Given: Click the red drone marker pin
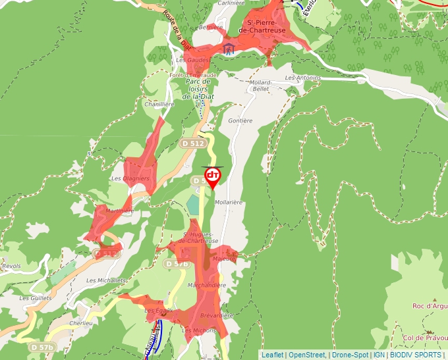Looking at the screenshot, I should pyautogui.click(x=213, y=177).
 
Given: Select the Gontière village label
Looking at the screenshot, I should pyautogui.click(x=240, y=121).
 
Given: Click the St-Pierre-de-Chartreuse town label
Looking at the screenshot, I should pyautogui.click(x=262, y=26).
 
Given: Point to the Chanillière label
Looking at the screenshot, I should pyautogui.click(x=159, y=104).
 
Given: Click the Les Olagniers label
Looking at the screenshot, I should pyautogui.click(x=130, y=178).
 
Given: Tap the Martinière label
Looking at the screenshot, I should pyautogui.click(x=119, y=211).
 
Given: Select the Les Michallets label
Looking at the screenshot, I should pyautogui.click(x=106, y=280).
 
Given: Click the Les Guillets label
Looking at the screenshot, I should pyautogui.click(x=35, y=297).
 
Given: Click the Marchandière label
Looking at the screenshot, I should pyautogui.click(x=207, y=286).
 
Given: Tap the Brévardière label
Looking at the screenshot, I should pyautogui.click(x=217, y=315).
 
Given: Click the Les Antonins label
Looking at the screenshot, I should pyautogui.click(x=303, y=78).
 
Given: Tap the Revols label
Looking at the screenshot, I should pyautogui.click(x=11, y=267).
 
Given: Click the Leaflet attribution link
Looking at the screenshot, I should pyautogui.click(x=273, y=355).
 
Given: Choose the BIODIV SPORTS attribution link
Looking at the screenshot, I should pyautogui.click(x=415, y=355).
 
